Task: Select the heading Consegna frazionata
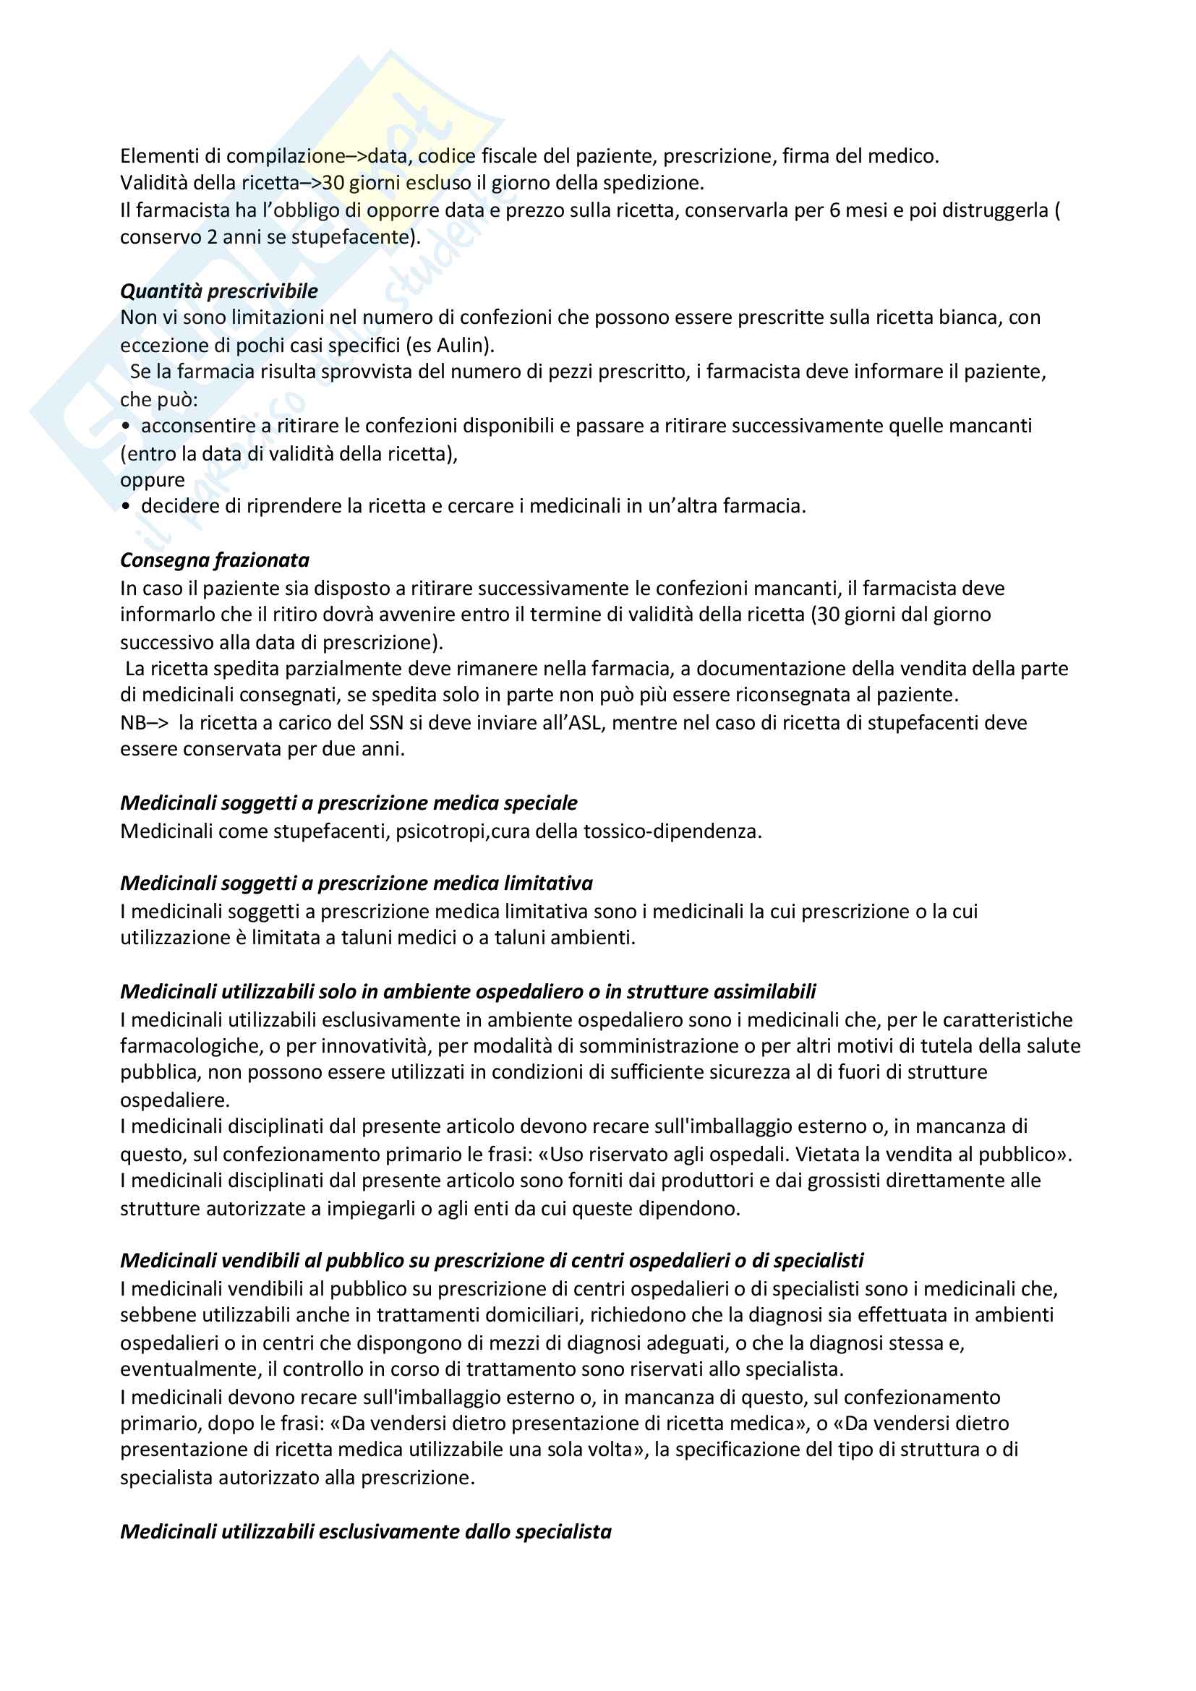point(214,560)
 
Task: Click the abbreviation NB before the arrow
point(133,722)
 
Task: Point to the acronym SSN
point(387,722)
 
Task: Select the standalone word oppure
point(153,479)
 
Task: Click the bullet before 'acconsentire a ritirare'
point(126,427)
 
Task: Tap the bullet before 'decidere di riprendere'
point(126,507)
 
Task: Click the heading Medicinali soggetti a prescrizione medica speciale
point(349,802)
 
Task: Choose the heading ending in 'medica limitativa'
point(356,883)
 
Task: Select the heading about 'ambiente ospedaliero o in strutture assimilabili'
point(468,991)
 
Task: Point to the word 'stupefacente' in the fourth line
point(351,237)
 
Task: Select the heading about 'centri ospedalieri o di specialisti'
point(491,1260)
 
